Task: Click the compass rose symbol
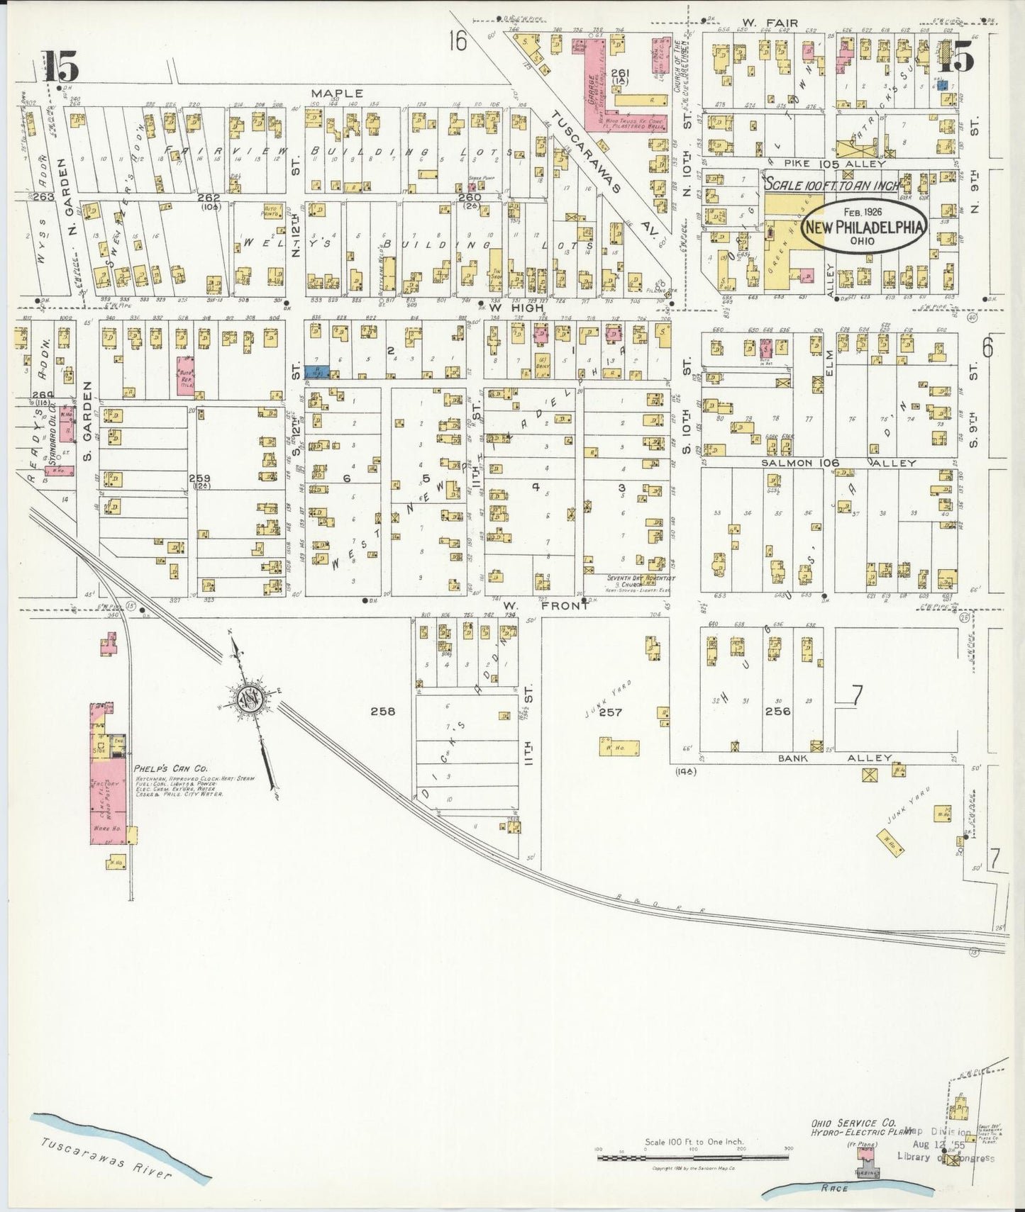pos(250,697)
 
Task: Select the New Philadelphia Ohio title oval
pos(864,227)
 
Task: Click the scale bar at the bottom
pos(692,1157)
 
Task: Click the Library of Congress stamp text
pos(945,1158)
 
